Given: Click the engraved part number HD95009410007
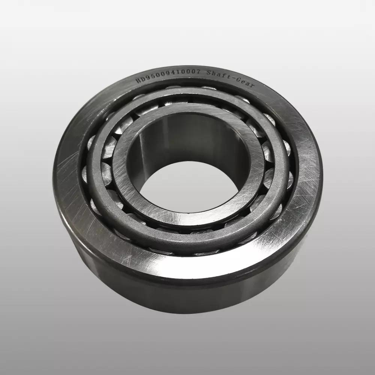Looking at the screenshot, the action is (168, 76).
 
